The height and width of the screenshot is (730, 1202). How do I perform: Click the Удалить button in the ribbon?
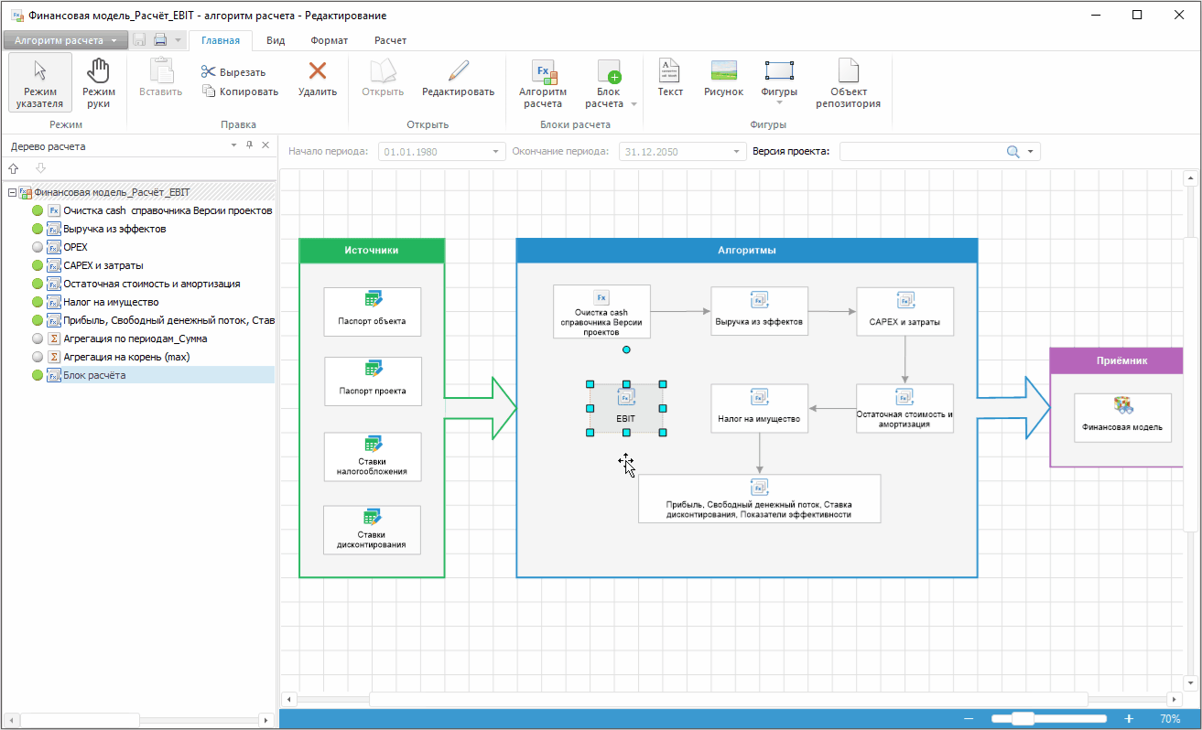(317, 79)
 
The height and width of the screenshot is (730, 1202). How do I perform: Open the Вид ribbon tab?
(276, 40)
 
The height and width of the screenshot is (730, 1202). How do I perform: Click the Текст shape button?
(670, 79)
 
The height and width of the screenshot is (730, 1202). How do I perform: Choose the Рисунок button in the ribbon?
(723, 79)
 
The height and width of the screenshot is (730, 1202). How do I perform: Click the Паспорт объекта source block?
(372, 312)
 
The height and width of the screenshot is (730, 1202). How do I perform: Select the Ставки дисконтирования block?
(372, 530)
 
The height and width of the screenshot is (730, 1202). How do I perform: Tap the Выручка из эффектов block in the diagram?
(759, 312)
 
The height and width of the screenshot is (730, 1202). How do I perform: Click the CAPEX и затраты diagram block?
(904, 312)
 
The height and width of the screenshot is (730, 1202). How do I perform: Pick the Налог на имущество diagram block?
(759, 408)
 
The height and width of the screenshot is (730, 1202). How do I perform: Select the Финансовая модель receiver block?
(1121, 417)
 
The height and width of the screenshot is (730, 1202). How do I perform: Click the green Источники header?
(372, 251)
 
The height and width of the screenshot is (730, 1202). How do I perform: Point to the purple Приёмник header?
(1121, 360)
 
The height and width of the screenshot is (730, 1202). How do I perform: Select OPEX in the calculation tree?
(76, 247)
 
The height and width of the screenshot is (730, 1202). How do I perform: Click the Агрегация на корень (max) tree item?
(126, 357)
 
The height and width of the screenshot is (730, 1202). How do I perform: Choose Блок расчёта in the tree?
(95, 375)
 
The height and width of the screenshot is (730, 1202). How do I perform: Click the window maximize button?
(1137, 15)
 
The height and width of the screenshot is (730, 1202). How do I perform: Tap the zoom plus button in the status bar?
(1129, 719)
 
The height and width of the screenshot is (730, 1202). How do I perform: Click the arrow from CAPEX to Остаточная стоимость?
(904, 360)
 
